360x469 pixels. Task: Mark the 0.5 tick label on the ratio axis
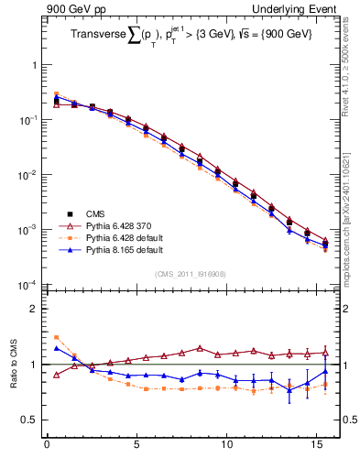(x=30, y=420)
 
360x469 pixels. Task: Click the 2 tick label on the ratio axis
(x=35, y=309)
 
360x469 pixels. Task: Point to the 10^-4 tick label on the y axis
(x=27, y=285)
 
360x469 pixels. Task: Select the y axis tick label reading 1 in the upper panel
(x=35, y=66)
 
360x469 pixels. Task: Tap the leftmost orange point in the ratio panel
(x=56, y=337)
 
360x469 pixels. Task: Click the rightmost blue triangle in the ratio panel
(x=325, y=371)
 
